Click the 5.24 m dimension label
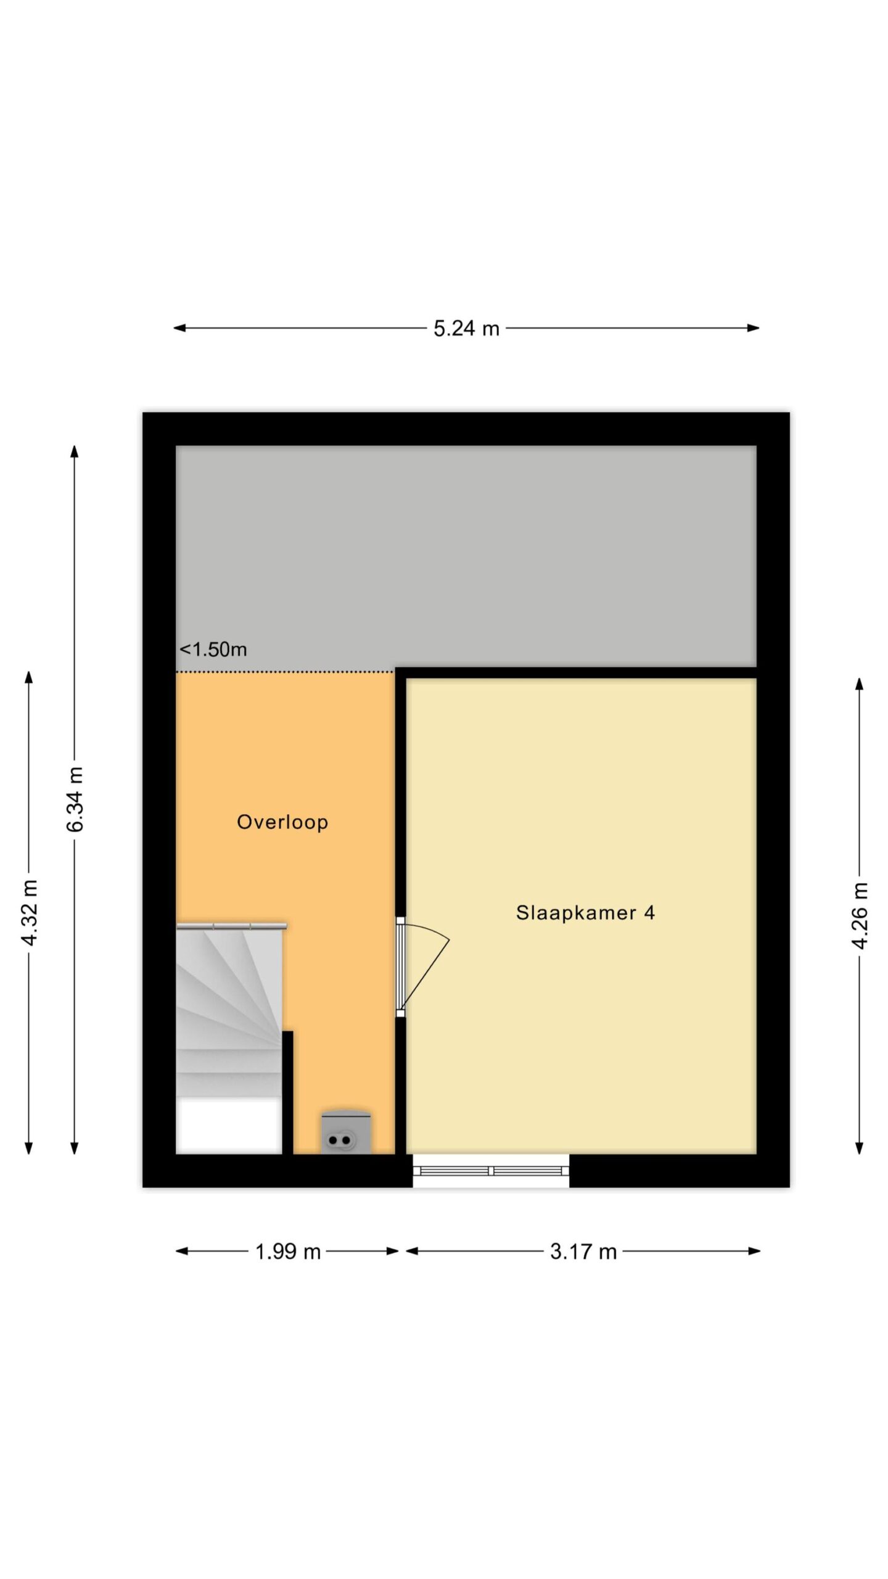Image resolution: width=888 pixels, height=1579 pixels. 466,329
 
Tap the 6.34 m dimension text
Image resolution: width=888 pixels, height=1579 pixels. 75,799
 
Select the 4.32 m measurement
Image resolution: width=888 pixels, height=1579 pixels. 29,912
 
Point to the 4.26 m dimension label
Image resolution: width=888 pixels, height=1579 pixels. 860,915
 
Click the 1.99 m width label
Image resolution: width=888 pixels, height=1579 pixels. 288,1251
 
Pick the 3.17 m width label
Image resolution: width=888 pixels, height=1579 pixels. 583,1251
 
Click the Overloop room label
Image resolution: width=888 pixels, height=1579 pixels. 282,822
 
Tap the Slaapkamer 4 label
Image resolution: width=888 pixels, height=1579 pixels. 585,912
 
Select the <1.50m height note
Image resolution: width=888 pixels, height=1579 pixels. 213,649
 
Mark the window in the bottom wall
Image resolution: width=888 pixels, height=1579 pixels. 491,1171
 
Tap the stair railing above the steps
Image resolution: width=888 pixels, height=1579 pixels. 231,926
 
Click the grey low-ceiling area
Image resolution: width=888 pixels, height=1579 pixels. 466,555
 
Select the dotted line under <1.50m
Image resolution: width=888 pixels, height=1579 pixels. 286,672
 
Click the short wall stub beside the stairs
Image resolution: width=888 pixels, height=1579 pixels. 287,1092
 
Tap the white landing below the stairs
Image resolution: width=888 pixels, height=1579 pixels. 229,1126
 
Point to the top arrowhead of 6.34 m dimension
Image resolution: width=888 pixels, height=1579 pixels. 75,451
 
